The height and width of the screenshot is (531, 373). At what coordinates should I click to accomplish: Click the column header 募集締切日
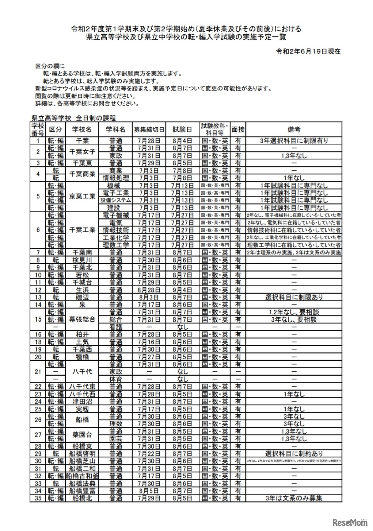pos(149,129)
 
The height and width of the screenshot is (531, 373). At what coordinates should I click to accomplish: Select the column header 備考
pos(294,129)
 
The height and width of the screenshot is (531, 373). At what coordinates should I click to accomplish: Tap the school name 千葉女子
pos(82,152)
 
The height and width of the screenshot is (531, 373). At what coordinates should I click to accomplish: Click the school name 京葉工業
pos(82,197)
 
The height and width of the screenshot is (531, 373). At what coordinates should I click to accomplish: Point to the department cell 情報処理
pos(115,178)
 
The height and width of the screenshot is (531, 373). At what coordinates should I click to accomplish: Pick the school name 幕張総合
pos(82,319)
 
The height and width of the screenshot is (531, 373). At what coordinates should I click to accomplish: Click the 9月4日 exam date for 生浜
pos(182,290)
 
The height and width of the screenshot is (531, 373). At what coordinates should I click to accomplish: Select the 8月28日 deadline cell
pos(149,290)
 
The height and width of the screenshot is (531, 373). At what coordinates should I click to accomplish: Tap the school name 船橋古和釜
pos(82,476)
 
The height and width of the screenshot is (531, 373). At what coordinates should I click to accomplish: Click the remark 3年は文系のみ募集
pos(294,498)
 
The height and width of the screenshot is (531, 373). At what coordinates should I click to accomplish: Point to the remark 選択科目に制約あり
pos(294,454)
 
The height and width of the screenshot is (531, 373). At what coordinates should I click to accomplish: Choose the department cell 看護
pos(115,327)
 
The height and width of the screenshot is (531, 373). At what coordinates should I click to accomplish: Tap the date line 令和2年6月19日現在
pos(308,51)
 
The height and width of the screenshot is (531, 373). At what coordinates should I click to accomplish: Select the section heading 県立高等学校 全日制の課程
pos(73,118)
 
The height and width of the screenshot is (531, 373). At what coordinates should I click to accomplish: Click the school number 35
pos(37,498)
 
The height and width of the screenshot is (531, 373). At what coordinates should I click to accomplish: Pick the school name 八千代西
pos(82,394)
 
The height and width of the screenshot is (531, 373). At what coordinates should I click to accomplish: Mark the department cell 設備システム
pos(115,201)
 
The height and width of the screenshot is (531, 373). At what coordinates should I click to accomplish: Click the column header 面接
pos(238,129)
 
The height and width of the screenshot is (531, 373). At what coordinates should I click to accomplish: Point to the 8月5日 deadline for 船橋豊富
pos(149,491)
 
